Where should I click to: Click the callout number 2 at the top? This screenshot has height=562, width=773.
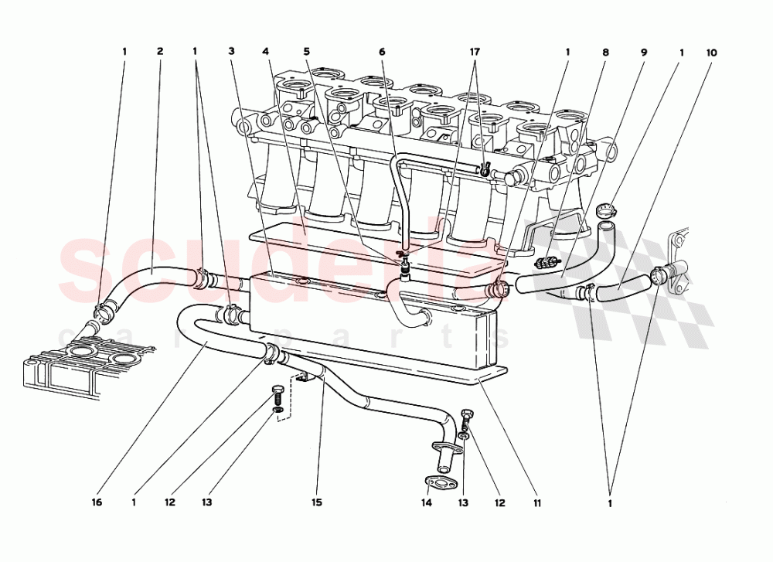tap(160, 53)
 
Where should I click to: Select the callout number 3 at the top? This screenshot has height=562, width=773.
tap(231, 53)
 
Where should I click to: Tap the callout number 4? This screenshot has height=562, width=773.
tap(266, 53)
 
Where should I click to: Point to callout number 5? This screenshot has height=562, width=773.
tap(307, 53)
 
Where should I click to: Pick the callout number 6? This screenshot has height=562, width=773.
tap(382, 53)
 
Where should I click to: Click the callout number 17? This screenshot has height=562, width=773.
tap(475, 53)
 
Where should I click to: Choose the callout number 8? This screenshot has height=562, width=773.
tap(605, 53)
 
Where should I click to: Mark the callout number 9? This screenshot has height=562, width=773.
tap(643, 53)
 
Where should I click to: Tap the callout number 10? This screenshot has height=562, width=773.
tap(711, 53)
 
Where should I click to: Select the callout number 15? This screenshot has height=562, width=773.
tap(316, 502)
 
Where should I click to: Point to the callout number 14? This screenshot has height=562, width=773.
tap(426, 502)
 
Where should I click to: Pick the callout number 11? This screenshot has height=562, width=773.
tap(537, 502)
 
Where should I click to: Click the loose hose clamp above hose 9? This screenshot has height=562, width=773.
tap(607, 208)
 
